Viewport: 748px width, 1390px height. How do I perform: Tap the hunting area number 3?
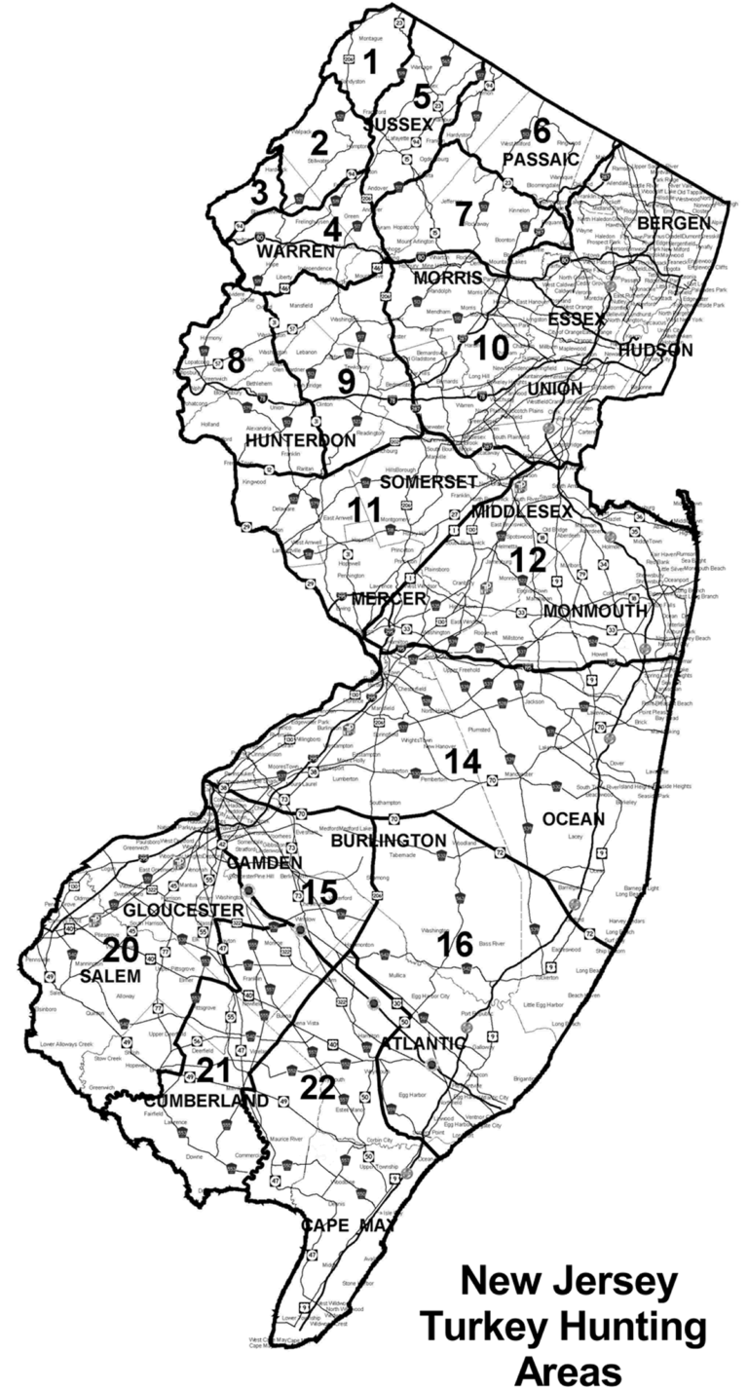pos(259,192)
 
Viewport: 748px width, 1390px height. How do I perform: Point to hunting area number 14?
pos(464,760)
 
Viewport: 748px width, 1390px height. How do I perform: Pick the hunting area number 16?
pos(455,943)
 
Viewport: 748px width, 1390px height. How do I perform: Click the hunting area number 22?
pos(318,1086)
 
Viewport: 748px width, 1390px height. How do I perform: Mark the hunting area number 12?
pos(531,560)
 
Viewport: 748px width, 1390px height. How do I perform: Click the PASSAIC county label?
pos(541,158)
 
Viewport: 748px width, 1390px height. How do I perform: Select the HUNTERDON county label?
pos(300,440)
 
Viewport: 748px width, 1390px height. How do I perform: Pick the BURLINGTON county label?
pos(388,840)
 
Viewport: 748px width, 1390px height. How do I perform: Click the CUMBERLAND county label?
pos(206,1100)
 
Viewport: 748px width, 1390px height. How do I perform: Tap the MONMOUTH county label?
pos(596,611)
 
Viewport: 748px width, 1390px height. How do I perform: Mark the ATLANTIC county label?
pos(423,1042)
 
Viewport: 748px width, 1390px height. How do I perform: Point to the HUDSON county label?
pos(655,349)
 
